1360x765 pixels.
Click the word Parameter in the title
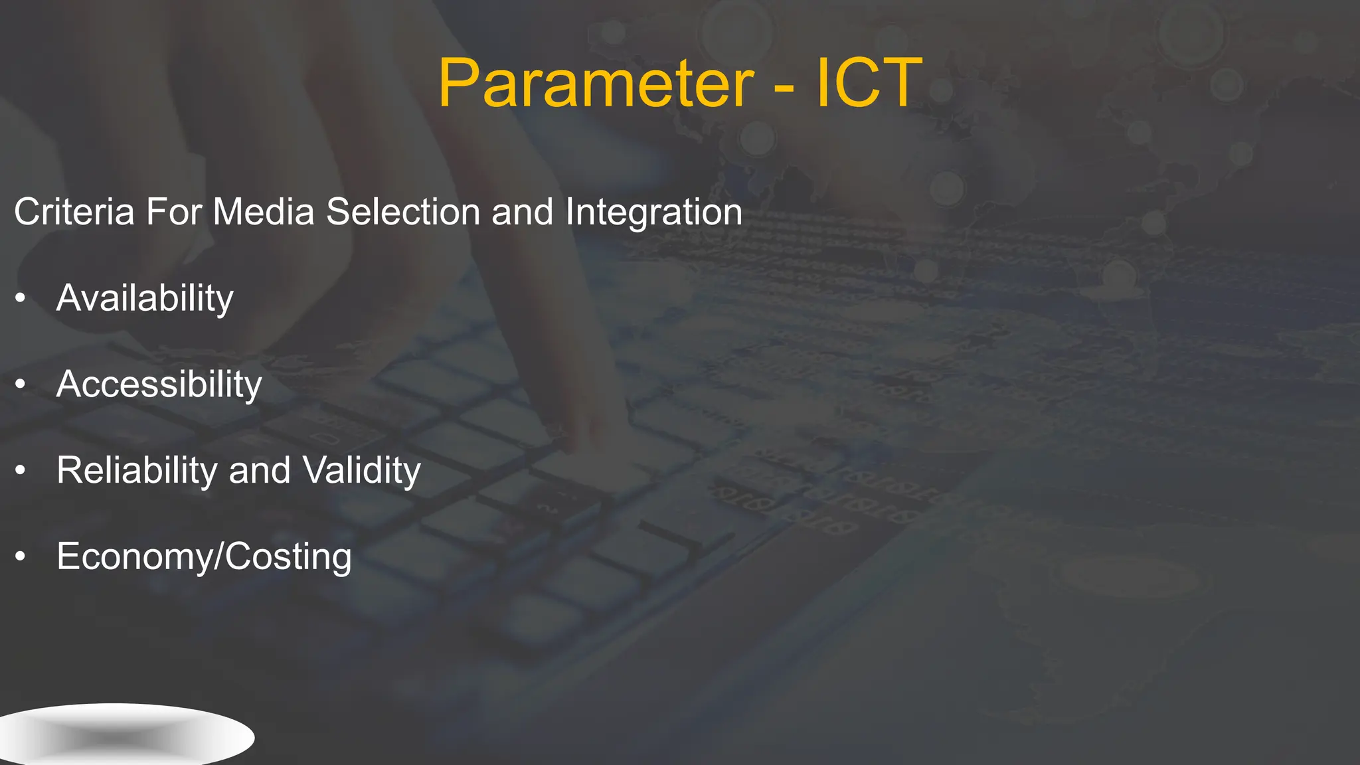pos(596,84)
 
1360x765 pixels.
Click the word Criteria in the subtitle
pos(74,212)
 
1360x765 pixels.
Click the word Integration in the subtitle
pos(653,212)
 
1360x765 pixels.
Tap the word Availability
pos(145,299)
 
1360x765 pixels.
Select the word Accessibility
pos(159,384)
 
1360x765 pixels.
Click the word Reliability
pos(137,471)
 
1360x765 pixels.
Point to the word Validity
pos(362,471)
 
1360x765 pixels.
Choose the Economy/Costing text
pos(204,556)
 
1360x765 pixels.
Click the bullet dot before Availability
pos(21,299)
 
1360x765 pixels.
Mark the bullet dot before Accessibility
pos(21,384)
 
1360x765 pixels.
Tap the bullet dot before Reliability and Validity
pos(21,471)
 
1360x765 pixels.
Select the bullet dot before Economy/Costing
pos(21,556)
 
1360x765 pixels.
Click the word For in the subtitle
pos(173,212)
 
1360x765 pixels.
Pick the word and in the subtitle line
pos(522,212)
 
